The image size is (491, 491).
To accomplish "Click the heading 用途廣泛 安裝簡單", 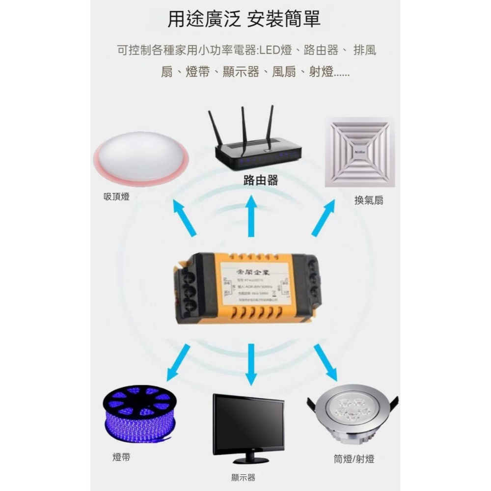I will [244, 19].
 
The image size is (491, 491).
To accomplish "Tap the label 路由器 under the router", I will [261, 181].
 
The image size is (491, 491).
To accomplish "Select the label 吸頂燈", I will [116, 197].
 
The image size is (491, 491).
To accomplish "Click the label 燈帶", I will [121, 457].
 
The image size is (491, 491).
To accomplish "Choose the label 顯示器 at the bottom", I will [243, 477].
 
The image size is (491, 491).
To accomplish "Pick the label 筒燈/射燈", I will [354, 459].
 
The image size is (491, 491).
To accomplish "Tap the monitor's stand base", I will [250, 460].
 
